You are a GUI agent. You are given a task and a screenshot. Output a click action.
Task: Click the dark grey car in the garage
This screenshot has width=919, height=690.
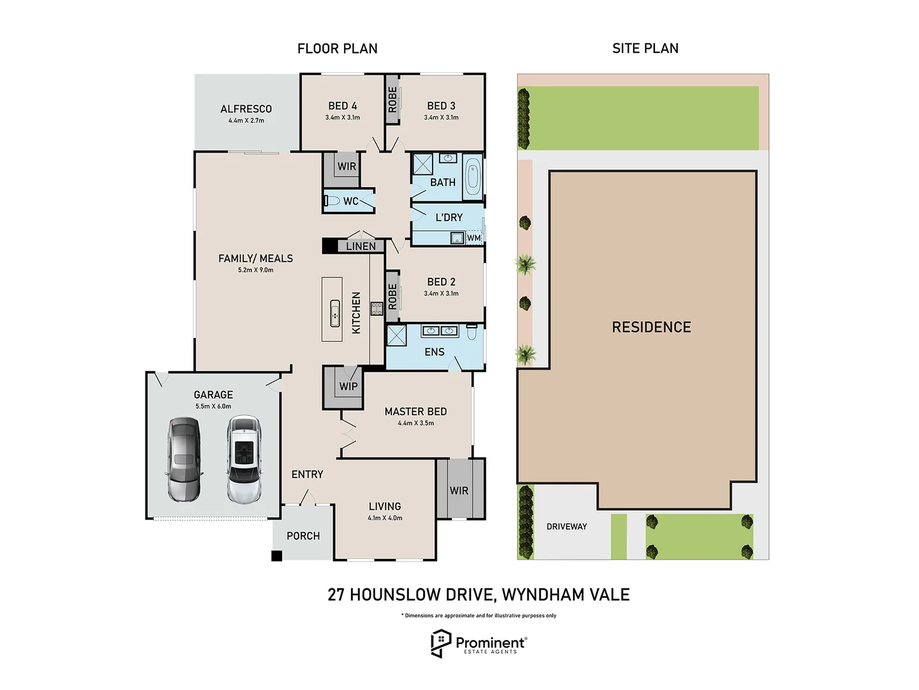point(184,459)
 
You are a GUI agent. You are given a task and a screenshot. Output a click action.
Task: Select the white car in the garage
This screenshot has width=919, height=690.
point(244,459)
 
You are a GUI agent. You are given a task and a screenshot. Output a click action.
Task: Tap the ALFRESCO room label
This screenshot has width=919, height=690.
point(246,109)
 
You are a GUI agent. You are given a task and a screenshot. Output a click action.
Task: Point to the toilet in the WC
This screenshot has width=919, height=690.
point(332,201)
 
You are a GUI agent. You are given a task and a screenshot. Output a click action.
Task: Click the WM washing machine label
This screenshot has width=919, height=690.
point(474,238)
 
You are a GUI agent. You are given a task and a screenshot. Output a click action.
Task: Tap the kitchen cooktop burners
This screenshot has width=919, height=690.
point(377,309)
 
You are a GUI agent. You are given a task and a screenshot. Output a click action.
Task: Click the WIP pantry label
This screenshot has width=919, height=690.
point(348,387)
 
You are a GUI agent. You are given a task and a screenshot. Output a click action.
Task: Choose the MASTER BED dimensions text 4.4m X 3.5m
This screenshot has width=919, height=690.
point(416,423)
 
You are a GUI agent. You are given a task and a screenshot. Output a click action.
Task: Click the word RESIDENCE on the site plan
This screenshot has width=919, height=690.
point(651,327)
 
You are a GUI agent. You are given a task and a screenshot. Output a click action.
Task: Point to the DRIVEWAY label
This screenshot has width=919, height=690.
point(567,526)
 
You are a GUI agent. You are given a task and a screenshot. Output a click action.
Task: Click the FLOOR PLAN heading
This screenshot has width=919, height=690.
point(338,49)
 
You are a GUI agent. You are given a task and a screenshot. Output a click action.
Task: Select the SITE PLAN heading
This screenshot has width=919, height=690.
point(645,49)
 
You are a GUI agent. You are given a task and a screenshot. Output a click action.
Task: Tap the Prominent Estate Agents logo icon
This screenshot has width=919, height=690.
point(440,643)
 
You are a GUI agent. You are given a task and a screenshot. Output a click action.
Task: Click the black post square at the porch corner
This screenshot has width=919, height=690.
point(277,556)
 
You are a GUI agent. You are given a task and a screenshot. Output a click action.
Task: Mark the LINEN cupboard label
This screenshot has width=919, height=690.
point(361,246)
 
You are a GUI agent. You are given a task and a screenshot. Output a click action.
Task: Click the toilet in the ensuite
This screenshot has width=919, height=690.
point(472,332)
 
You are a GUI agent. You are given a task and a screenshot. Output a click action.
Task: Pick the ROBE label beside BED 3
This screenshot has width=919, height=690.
point(392,100)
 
